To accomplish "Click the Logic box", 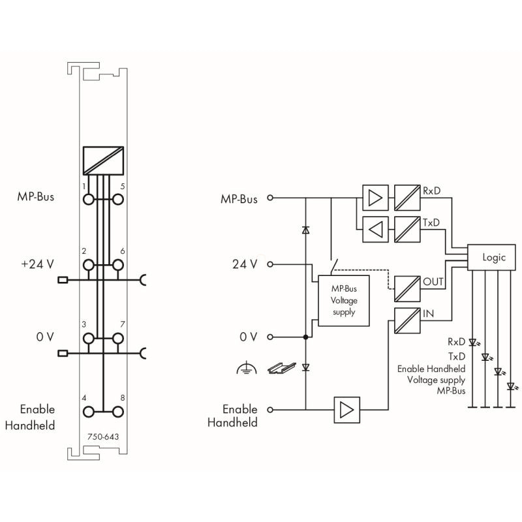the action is click(491, 257).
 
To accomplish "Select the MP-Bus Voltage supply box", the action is click(344, 300).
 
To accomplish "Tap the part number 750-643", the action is click(103, 437).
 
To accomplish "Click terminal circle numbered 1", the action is click(89, 200).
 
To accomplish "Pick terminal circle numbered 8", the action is click(118, 412).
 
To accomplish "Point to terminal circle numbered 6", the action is click(118, 265).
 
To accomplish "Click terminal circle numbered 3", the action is click(89, 339).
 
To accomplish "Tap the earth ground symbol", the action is click(247, 367).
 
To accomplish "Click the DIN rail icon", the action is click(282, 367).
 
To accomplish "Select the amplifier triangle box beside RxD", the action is click(375, 198).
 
